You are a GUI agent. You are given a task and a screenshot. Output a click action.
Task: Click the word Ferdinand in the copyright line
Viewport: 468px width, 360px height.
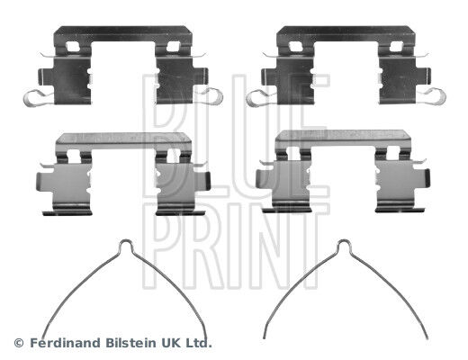click(x=66, y=343)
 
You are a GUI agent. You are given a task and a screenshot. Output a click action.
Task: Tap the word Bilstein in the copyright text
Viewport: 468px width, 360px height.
click(x=130, y=343)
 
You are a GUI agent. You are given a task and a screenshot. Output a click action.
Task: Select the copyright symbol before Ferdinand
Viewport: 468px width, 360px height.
click(x=19, y=343)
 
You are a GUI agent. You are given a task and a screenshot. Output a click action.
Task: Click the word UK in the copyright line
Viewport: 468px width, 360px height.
click(x=170, y=343)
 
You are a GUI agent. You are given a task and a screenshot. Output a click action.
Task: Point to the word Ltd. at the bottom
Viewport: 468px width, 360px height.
click(x=199, y=343)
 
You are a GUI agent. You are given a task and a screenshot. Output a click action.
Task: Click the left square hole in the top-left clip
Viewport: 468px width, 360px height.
click(x=71, y=47)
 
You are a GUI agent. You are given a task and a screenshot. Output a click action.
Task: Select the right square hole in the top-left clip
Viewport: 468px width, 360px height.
click(x=173, y=47)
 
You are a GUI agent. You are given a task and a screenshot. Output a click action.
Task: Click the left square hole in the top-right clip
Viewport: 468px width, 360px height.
click(x=294, y=47)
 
